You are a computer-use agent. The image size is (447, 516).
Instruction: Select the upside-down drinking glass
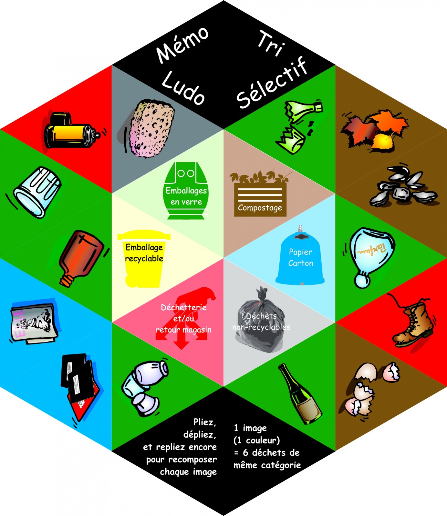coord(37,192)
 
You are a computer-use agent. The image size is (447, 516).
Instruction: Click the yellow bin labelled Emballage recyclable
coord(144,258)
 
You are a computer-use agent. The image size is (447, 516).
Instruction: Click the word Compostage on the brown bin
coord(260,208)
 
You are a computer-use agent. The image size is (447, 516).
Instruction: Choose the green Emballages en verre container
coord(186,190)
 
